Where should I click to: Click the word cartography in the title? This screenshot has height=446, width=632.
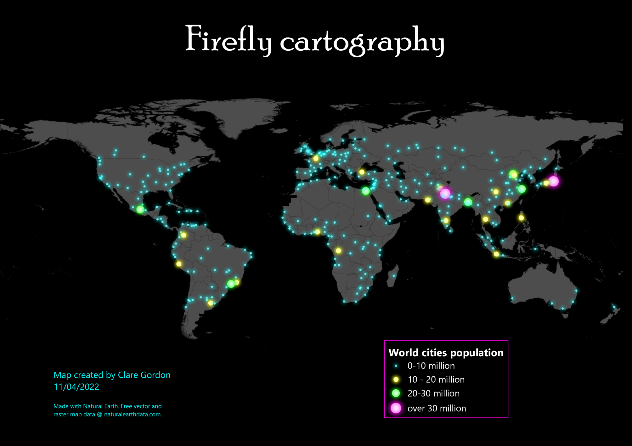[362, 43]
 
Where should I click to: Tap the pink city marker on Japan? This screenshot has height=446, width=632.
[553, 181]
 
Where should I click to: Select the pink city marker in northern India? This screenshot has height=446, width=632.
[445, 193]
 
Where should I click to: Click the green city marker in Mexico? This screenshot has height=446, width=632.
[140, 209]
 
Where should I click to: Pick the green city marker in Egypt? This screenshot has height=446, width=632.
[365, 191]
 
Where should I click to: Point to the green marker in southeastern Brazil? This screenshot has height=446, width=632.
[231, 283]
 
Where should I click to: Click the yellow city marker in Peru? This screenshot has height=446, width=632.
[179, 264]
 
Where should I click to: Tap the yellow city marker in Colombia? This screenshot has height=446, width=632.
[183, 235]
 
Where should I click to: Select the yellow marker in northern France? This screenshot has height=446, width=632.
[316, 158]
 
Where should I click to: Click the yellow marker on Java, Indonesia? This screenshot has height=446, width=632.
[496, 254]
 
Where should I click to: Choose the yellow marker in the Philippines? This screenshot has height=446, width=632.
[521, 218]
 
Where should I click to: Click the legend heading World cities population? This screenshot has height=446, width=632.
[446, 353]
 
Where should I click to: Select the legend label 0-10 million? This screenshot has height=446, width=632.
[431, 366]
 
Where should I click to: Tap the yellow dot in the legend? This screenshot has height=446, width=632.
[396, 380]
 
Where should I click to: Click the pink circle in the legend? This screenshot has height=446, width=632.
[396, 408]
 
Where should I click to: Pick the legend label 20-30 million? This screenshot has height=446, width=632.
[433, 393]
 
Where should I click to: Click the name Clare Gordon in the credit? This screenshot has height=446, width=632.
[144, 375]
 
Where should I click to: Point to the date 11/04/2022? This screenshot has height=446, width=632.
[76, 387]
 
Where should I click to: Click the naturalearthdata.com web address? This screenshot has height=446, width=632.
[133, 415]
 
